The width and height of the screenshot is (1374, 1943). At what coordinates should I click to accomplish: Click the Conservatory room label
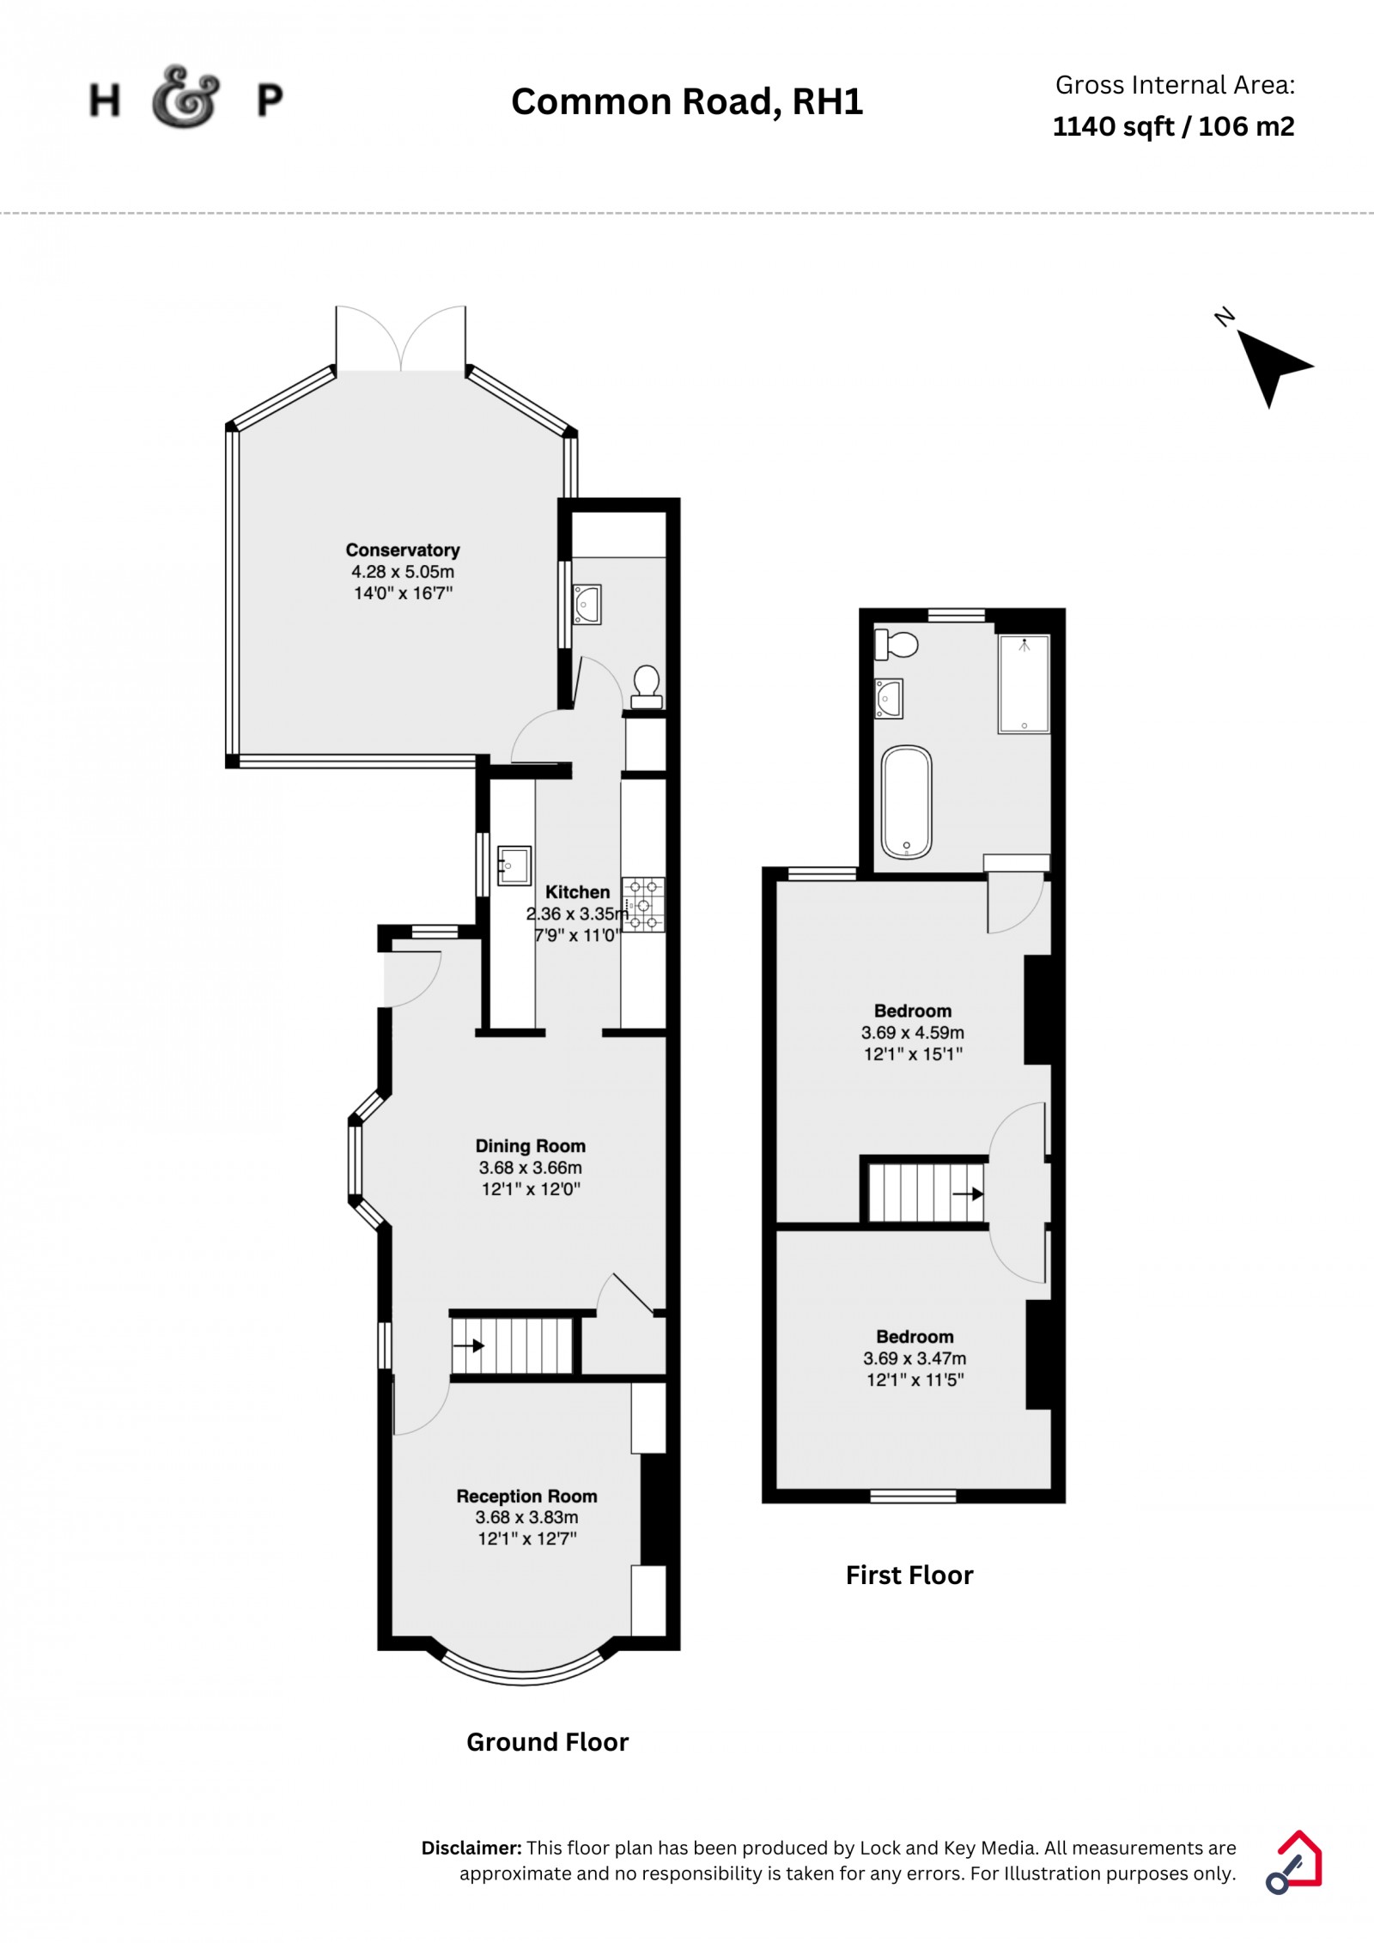(x=403, y=550)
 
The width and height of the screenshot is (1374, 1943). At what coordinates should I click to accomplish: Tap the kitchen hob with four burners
(x=643, y=904)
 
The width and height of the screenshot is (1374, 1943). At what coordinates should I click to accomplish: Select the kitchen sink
(x=514, y=865)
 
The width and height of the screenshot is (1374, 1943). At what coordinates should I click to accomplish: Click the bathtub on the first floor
(x=906, y=802)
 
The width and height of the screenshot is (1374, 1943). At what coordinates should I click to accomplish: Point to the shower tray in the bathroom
(x=1024, y=683)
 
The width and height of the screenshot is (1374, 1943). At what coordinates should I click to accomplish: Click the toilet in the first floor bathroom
(x=897, y=643)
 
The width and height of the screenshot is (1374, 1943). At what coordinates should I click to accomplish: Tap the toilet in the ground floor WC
(x=647, y=687)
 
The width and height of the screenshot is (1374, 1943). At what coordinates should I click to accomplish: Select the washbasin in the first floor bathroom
(x=888, y=697)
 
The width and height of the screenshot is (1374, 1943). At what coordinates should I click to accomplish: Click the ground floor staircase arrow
(x=468, y=1345)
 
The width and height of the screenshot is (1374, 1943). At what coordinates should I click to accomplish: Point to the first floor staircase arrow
(x=968, y=1193)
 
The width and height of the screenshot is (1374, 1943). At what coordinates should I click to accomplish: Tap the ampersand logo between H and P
(x=185, y=97)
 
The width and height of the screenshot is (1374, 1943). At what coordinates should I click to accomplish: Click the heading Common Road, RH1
(x=687, y=101)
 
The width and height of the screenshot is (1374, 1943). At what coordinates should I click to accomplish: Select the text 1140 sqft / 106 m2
(x=1173, y=126)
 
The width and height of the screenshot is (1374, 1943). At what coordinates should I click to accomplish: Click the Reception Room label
(x=526, y=1496)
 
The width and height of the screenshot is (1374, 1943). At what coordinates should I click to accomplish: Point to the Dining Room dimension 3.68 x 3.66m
(x=531, y=1168)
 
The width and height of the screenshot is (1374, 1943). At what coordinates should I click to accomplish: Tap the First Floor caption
(x=909, y=1575)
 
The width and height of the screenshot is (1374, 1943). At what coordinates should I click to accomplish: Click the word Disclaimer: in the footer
(x=471, y=1848)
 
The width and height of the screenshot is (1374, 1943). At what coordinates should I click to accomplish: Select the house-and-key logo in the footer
(x=1294, y=1861)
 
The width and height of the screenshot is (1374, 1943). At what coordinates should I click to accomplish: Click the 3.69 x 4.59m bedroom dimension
(x=913, y=1033)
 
